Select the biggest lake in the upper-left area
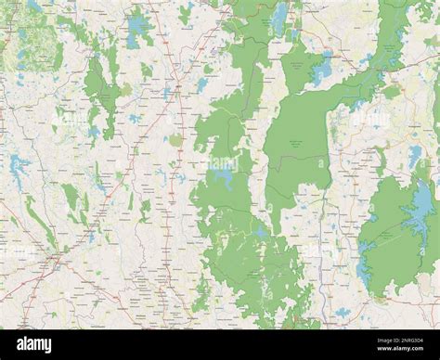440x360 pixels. (140, 27)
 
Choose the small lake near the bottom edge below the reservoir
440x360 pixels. (343, 312)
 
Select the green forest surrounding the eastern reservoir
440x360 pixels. (390, 232)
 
